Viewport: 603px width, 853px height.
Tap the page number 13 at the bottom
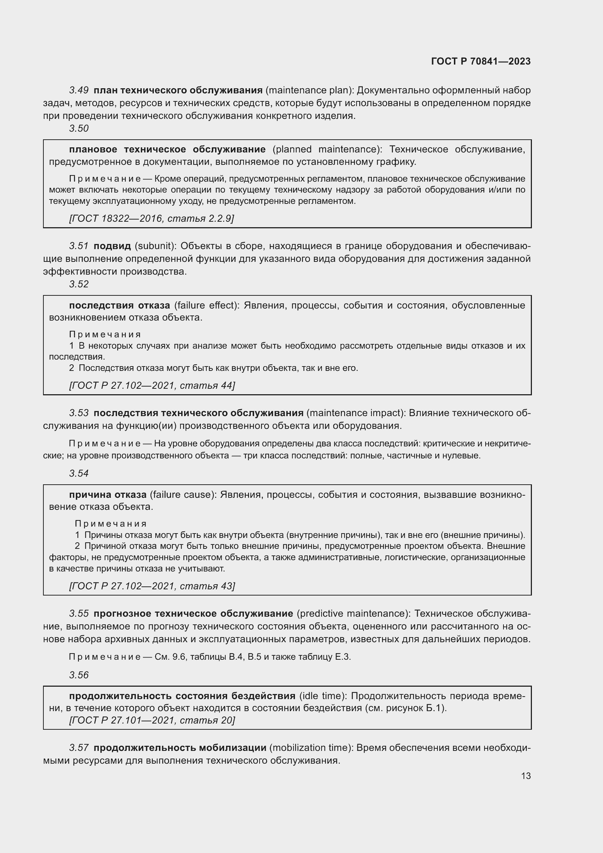pos(526,776)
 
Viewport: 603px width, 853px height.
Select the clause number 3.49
pos(79,90)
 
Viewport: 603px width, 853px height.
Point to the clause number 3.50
pos(79,128)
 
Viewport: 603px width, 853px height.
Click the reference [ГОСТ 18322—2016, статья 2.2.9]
pos(152,218)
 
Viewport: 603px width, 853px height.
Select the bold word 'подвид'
pos(112,246)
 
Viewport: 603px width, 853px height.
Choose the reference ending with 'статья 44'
pos(152,385)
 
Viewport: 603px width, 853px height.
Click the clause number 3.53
pos(79,413)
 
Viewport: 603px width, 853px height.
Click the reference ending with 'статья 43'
pos(152,586)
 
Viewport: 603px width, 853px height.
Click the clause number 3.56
pos(79,675)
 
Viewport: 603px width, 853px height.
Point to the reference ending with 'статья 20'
pos(152,720)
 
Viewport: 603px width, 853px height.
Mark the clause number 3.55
pos(79,613)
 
